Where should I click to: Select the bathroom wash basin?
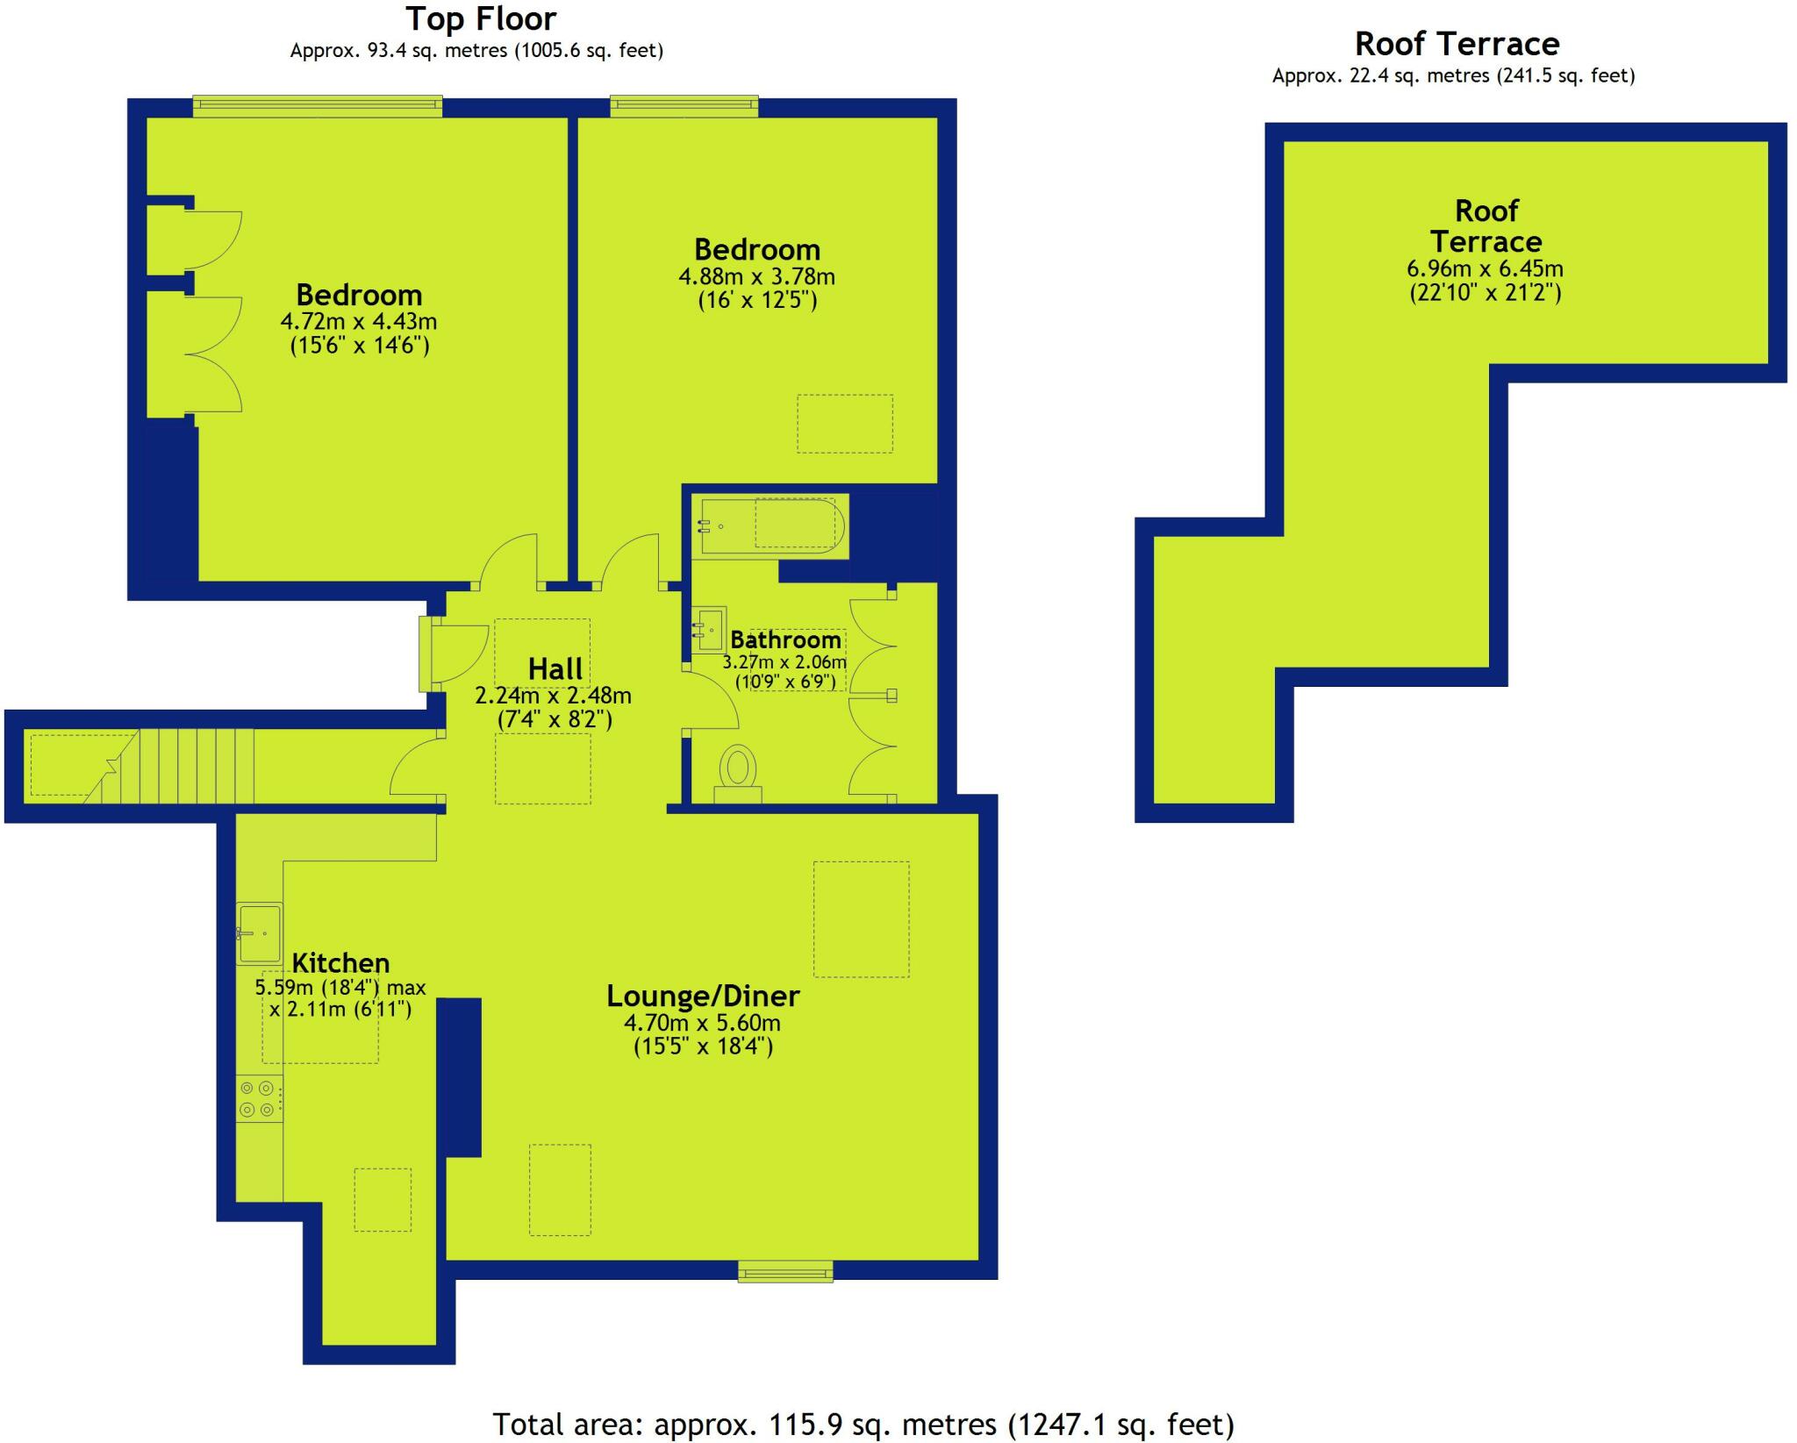(x=709, y=629)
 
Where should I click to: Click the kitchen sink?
(x=259, y=933)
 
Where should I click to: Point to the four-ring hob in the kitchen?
(x=259, y=1099)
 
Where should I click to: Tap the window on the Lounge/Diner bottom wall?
(x=785, y=1271)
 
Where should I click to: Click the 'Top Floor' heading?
(x=481, y=19)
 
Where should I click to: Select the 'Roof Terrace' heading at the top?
(x=1457, y=44)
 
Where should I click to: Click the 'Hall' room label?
(x=555, y=669)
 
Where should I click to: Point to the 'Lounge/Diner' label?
(x=703, y=997)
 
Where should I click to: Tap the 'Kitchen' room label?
(x=340, y=963)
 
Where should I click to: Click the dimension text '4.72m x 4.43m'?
(x=359, y=322)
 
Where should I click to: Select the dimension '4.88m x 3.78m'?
(x=756, y=277)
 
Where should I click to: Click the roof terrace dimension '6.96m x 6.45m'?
(x=1485, y=268)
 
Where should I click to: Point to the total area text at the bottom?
(x=863, y=1424)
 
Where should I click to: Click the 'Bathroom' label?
(x=785, y=640)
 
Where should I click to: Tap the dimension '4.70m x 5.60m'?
(x=702, y=1023)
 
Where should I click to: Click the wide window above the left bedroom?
(x=318, y=106)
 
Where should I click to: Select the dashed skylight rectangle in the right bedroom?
(x=844, y=424)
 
